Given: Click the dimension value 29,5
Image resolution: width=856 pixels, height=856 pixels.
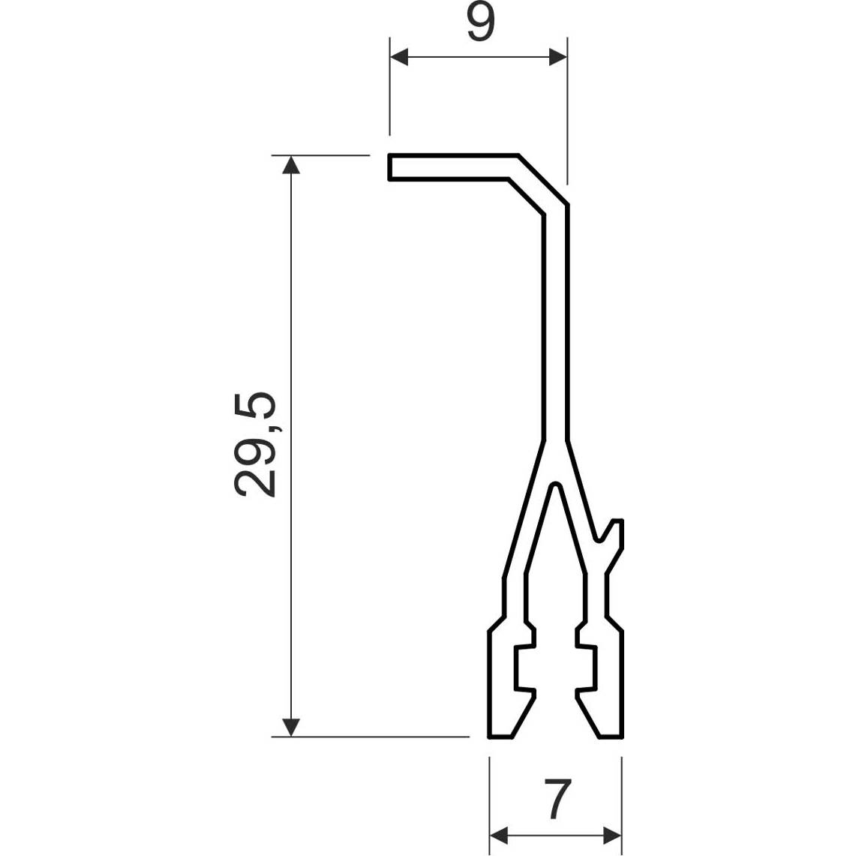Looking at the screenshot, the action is click(x=256, y=444).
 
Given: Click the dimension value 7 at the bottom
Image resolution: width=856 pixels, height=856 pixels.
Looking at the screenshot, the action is click(x=557, y=799).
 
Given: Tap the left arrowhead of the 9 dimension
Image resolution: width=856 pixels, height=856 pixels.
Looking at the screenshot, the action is click(x=399, y=56).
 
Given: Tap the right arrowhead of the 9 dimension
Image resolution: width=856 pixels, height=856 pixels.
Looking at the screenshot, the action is click(x=558, y=56).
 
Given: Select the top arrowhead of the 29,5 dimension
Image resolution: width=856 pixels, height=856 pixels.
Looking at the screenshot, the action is click(x=291, y=164).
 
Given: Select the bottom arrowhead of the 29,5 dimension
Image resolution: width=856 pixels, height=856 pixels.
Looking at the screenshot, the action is click(x=291, y=728).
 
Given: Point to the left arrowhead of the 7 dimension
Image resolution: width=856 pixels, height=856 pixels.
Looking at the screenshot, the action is click(x=499, y=835).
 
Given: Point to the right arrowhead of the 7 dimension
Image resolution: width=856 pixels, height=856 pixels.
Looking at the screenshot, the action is click(x=612, y=835).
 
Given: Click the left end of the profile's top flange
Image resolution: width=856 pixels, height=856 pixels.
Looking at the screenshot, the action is click(x=389, y=167).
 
